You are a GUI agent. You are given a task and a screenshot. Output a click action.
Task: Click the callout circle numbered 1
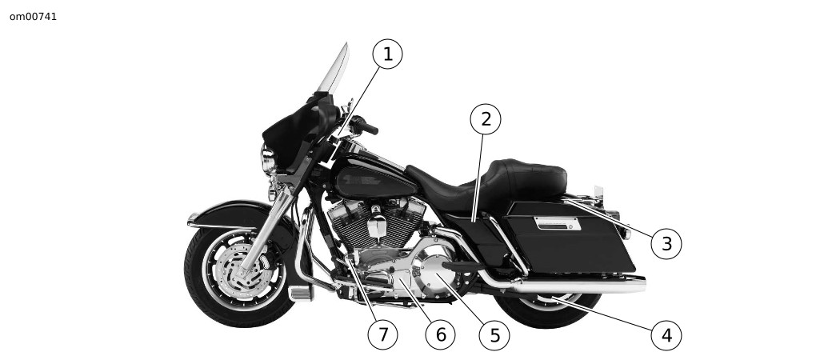(387, 54)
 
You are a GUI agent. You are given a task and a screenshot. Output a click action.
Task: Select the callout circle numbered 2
(486, 119)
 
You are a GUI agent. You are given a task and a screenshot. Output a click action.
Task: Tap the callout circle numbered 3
(666, 244)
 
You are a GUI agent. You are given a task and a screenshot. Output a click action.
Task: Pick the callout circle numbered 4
(666, 335)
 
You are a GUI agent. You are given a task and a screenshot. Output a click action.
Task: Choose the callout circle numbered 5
(494, 335)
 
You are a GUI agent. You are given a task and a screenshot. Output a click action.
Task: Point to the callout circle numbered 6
(440, 335)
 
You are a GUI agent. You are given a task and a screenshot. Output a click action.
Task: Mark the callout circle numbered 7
(382, 335)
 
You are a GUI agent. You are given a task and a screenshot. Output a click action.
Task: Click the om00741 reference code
(34, 17)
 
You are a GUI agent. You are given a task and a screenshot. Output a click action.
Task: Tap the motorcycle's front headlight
(267, 159)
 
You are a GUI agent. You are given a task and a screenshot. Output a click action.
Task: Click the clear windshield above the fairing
(334, 69)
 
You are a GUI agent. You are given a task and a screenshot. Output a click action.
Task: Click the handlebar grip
(368, 128)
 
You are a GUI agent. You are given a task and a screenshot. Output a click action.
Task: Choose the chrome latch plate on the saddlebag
(557, 223)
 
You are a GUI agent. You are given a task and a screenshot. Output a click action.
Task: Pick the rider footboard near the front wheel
(300, 293)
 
